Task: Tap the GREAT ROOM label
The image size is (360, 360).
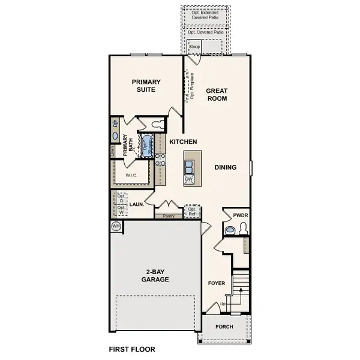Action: pyautogui.click(x=217, y=95)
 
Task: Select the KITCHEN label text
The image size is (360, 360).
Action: pyautogui.click(x=183, y=142)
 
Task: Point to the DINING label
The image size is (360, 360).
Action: pyautogui.click(x=225, y=167)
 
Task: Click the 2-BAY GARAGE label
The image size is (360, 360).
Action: pyautogui.click(x=155, y=275)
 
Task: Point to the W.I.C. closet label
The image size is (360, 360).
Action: pyautogui.click(x=132, y=175)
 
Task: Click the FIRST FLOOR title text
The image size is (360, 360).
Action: pyautogui.click(x=132, y=349)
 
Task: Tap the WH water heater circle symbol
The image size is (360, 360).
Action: pyautogui.click(x=116, y=226)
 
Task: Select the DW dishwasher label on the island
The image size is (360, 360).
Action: pyautogui.click(x=189, y=179)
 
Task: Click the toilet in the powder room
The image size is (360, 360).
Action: pyautogui.click(x=242, y=229)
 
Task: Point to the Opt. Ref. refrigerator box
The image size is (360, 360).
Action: pyautogui.click(x=192, y=211)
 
